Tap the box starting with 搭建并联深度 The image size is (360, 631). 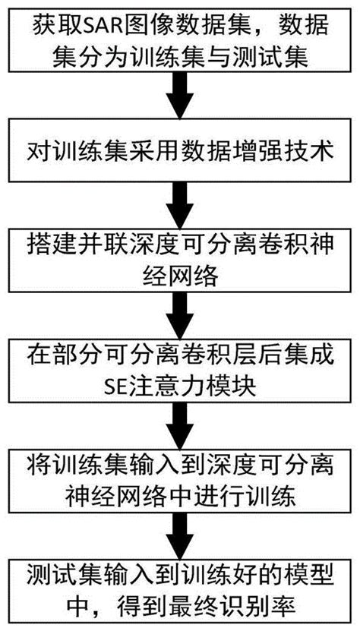coord(180,260)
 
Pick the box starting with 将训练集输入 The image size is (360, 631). coord(180,476)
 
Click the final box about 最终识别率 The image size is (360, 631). coord(180,585)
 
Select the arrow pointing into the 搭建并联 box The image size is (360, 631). coord(180,205)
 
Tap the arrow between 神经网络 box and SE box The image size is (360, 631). coord(180,314)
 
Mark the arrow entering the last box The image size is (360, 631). coord(180,531)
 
